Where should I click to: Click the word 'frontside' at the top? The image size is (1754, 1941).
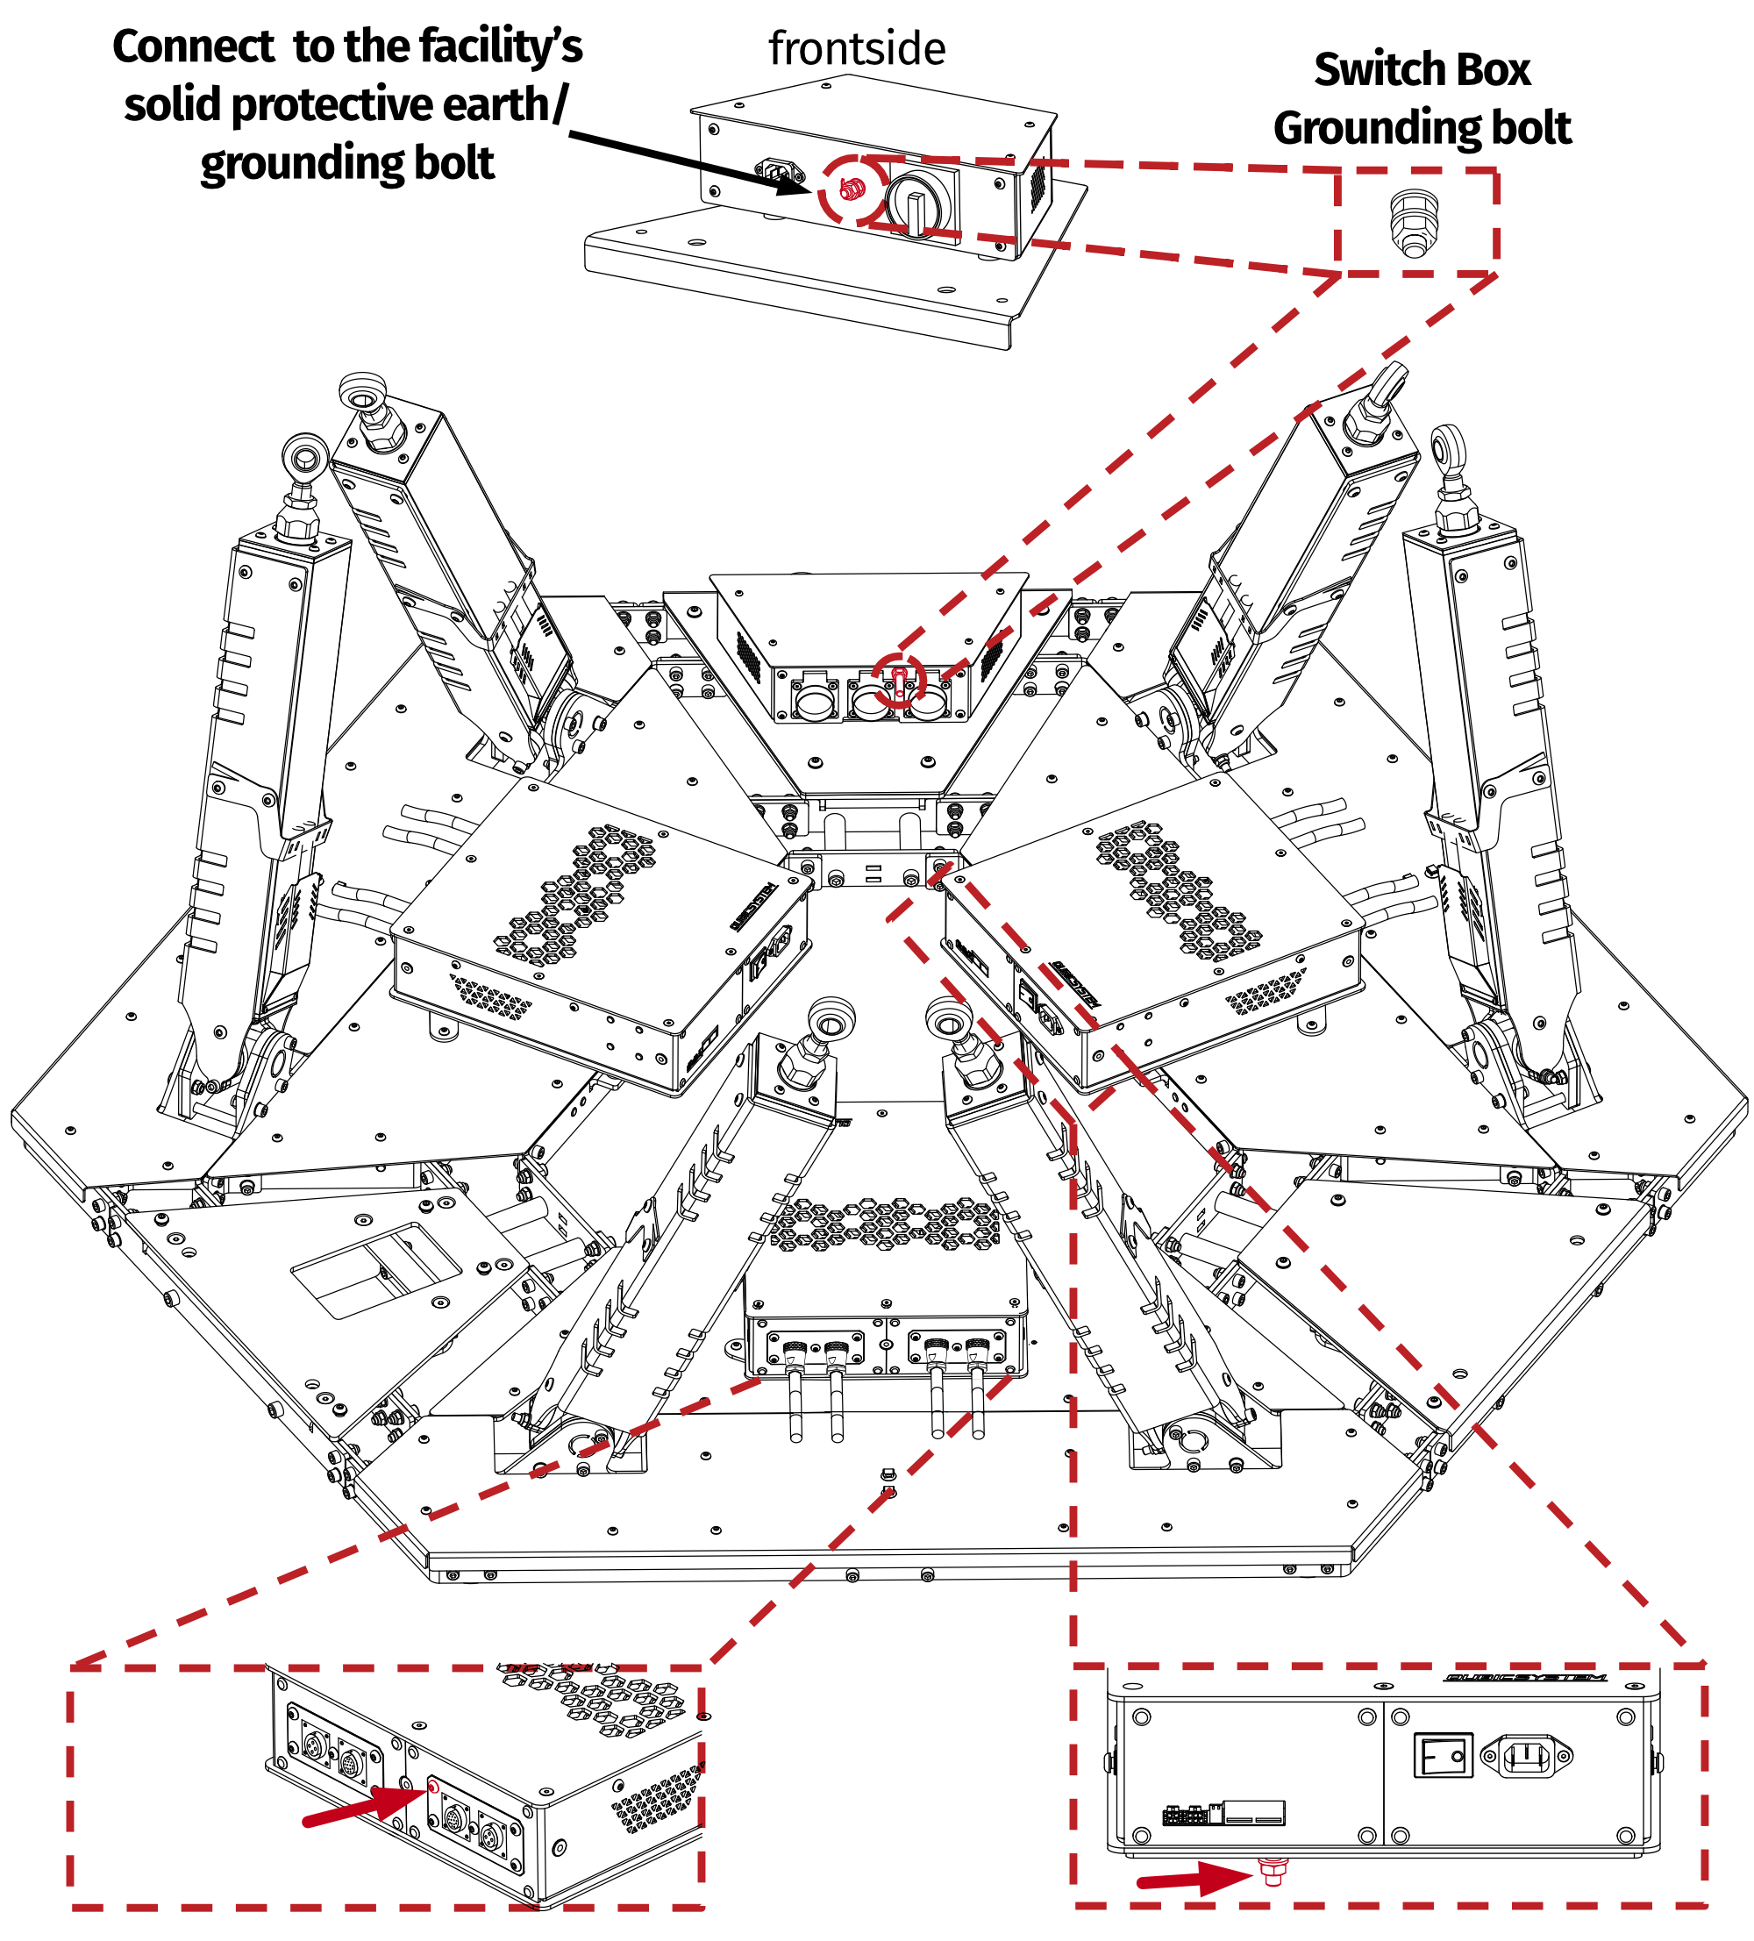(856, 49)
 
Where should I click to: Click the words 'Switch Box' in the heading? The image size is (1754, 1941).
(1421, 70)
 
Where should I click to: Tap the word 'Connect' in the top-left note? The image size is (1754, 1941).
(194, 47)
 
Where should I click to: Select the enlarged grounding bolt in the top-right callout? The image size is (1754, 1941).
(1413, 224)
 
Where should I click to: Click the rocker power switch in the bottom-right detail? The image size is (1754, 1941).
(1442, 1755)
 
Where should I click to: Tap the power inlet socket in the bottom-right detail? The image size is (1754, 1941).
(1525, 1756)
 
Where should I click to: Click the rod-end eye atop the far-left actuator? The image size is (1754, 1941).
(305, 454)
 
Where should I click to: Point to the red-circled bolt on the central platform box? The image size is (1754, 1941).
(898, 679)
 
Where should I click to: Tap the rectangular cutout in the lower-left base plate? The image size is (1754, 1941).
(376, 1269)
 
